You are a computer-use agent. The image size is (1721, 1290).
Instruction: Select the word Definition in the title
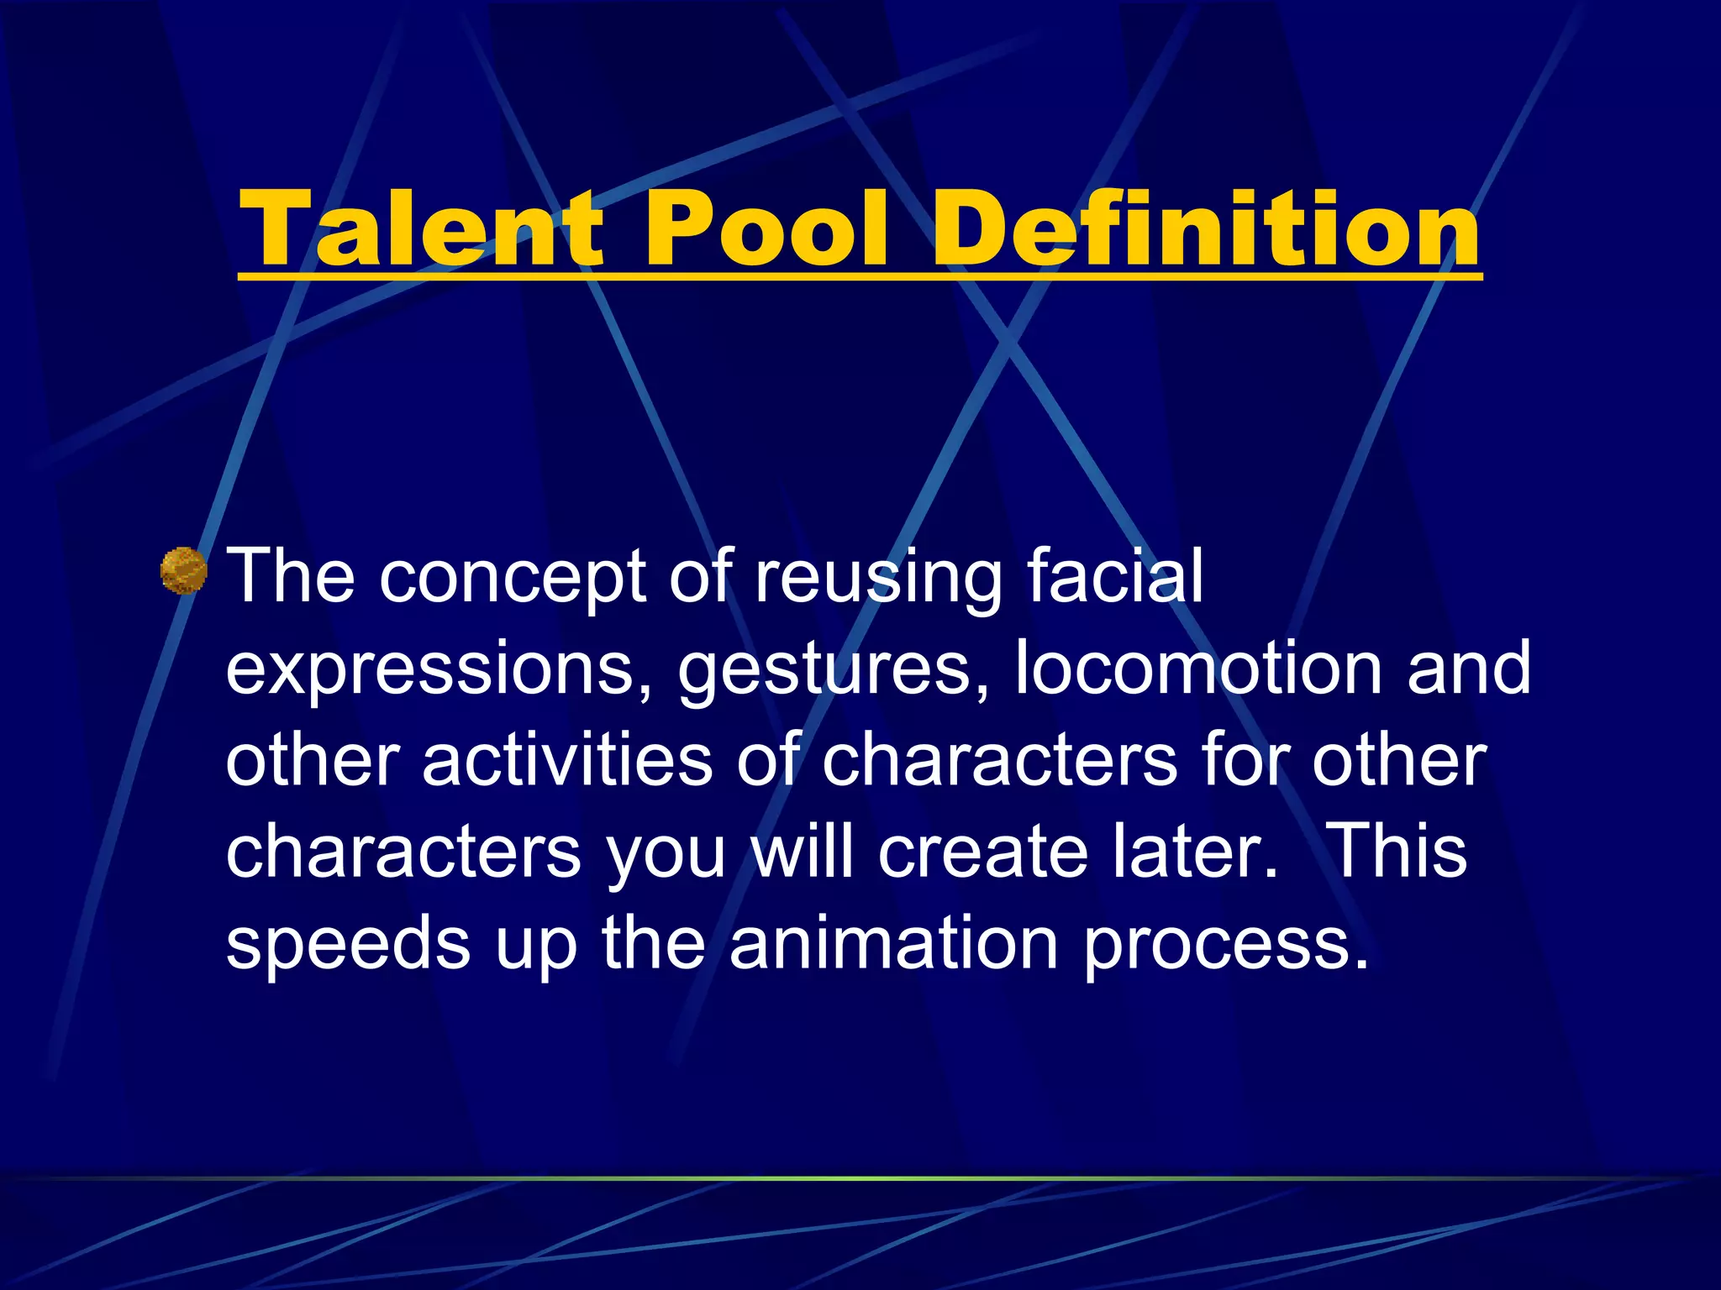point(1206,228)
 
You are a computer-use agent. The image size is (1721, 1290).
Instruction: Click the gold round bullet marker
point(183,570)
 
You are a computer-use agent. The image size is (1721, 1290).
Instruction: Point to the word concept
point(513,578)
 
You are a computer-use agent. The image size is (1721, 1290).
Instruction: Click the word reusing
point(878,578)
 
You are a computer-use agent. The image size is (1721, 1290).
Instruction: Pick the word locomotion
point(1198,669)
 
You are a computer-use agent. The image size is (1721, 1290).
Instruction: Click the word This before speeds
point(1400,850)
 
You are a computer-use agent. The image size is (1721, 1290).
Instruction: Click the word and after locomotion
point(1470,669)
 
